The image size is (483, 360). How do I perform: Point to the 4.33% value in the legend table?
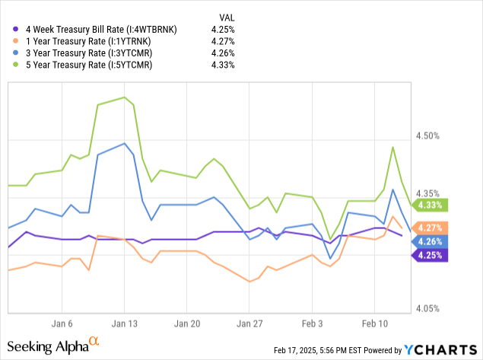click(x=223, y=65)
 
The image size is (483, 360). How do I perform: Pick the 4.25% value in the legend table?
click(x=223, y=29)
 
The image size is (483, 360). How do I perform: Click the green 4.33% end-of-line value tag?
click(x=430, y=205)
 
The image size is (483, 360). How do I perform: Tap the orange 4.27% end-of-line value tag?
click(x=430, y=228)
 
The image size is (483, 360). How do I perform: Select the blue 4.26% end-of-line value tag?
click(x=430, y=241)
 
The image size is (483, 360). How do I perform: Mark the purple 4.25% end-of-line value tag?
click(x=430, y=255)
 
